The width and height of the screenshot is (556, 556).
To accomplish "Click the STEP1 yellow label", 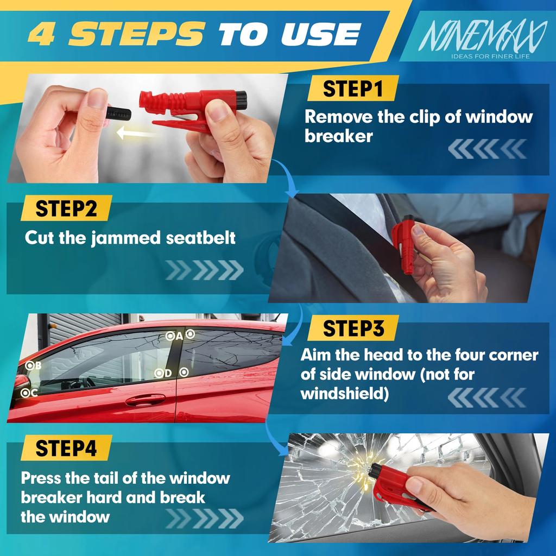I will click(x=352, y=89).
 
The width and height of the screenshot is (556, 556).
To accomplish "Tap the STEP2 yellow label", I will click(x=66, y=208).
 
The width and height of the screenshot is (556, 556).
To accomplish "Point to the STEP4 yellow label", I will click(x=66, y=448).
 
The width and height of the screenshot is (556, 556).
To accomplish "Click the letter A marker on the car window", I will click(x=179, y=336).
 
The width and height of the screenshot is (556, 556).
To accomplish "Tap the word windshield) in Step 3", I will click(x=344, y=393).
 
